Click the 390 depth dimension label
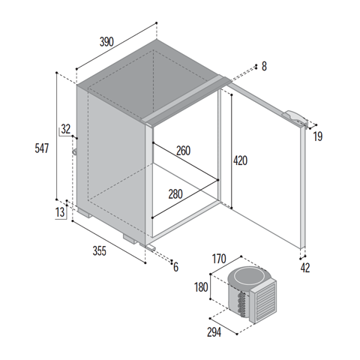(x=106, y=42)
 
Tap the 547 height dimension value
(x=42, y=148)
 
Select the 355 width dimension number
(x=100, y=250)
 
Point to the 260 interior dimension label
(x=184, y=151)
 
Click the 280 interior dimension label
(x=175, y=194)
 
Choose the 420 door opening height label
(x=240, y=160)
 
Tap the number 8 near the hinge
(x=264, y=67)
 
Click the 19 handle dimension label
(x=318, y=136)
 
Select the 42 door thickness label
(x=305, y=268)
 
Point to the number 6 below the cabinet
(x=176, y=267)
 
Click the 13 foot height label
(x=60, y=212)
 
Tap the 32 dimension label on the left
(x=66, y=129)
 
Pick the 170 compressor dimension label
(x=219, y=259)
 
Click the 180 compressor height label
(x=201, y=287)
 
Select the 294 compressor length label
(x=214, y=332)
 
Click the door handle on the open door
(x=295, y=118)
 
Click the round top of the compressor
(x=248, y=277)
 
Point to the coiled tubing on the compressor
(x=242, y=304)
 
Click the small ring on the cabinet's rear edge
(x=75, y=151)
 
